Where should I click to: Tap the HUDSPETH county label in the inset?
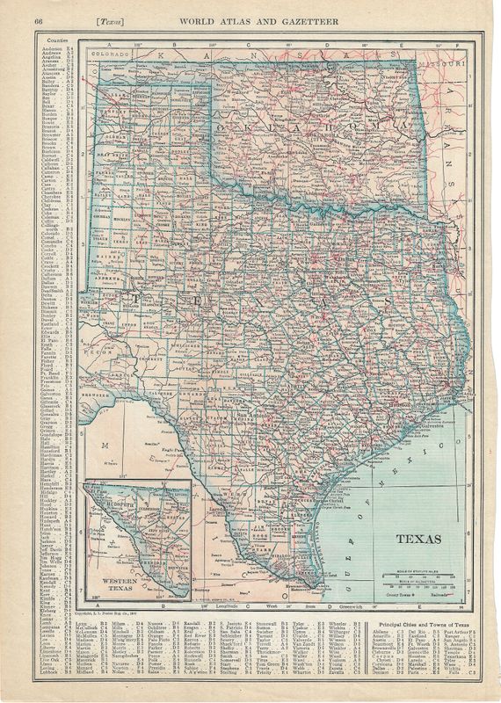[x=120, y=504]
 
